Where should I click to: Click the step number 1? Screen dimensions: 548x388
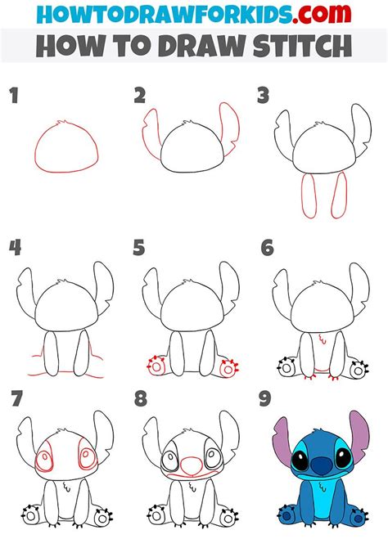[13, 97]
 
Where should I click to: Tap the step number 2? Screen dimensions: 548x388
[140, 97]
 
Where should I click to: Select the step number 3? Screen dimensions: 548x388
[264, 97]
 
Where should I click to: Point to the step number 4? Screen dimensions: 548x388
[14, 248]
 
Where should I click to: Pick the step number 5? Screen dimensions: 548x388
[140, 248]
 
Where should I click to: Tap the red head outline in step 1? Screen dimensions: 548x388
[66, 148]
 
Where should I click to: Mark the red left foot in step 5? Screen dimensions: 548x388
[153, 367]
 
